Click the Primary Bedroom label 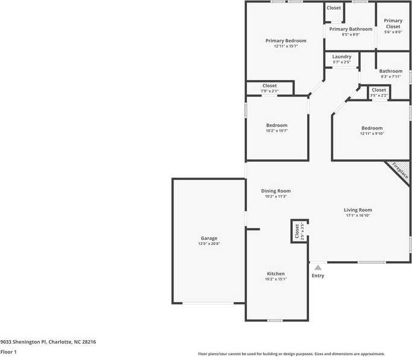point(286,41)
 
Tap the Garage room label point(209,238)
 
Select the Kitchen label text point(276,274)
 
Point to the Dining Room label point(276,191)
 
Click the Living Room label point(358,210)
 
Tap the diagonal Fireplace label point(401,171)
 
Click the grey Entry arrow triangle point(318,267)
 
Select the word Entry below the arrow point(318,276)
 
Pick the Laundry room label point(342,57)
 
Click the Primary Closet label point(393,23)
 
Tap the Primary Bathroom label point(351,29)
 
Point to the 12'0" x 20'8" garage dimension point(209,244)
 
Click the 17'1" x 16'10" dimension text point(358,216)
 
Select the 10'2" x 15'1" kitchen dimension point(276,279)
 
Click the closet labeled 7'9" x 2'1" point(269,88)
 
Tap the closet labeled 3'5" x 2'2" point(379,92)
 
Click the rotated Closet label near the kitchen point(297,230)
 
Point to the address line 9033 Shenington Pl point(48,342)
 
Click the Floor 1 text point(8,352)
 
